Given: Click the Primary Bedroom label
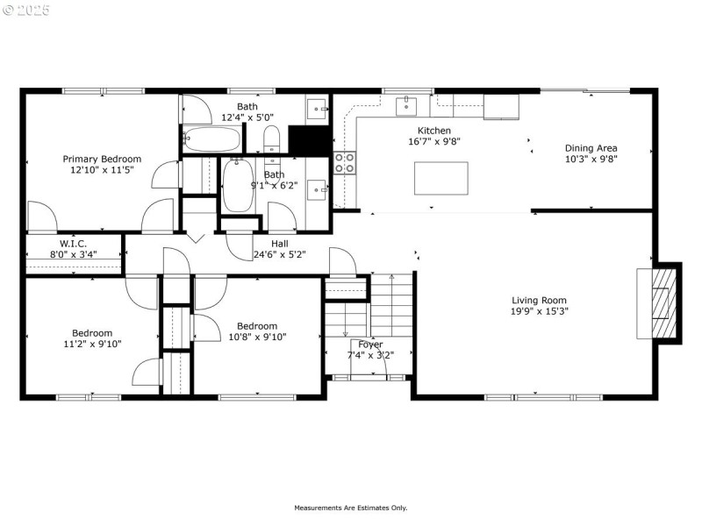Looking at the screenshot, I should click(102, 160).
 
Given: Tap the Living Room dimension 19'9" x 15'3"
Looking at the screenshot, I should click(539, 311).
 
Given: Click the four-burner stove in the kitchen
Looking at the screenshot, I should click(345, 163).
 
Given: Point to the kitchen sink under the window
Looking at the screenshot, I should click(406, 107).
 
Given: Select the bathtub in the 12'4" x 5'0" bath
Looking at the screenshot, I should click(211, 139).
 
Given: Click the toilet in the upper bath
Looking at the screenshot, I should click(272, 139).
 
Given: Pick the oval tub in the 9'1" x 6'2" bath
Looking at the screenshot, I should click(238, 185).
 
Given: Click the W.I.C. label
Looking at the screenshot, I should click(72, 243).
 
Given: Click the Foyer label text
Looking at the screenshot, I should click(370, 345).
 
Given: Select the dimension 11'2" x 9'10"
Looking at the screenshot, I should click(92, 344).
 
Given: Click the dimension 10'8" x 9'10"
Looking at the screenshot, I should click(257, 337).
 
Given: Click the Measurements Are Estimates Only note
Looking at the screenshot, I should click(350, 508).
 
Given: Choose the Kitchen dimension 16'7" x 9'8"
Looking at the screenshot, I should click(434, 141).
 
